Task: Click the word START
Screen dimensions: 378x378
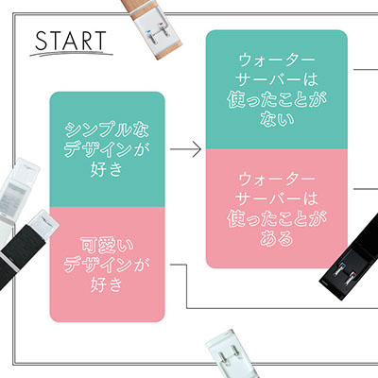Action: tap(71, 41)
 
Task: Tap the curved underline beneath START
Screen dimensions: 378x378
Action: tap(71, 53)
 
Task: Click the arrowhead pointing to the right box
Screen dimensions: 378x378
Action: tap(197, 149)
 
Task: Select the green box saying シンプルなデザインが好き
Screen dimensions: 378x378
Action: tap(107, 149)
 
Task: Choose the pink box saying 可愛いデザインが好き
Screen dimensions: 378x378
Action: tap(107, 265)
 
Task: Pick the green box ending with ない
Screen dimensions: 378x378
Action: tap(277, 90)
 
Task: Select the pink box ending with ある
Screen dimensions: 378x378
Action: tap(277, 209)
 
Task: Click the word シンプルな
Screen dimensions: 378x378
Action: tap(107, 129)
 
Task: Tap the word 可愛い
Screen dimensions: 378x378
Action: tap(107, 246)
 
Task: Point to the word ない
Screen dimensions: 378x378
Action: tap(277, 119)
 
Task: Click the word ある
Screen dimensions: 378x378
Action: tap(277, 238)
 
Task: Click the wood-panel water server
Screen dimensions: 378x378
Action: tap(152, 27)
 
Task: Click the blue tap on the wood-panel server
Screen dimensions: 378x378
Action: tap(148, 31)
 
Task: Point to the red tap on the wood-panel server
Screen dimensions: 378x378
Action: tap(162, 24)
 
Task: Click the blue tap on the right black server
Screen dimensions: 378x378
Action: tap(342, 264)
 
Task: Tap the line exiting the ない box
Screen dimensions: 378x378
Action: tap(366, 69)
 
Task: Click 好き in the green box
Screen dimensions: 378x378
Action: tap(107, 169)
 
